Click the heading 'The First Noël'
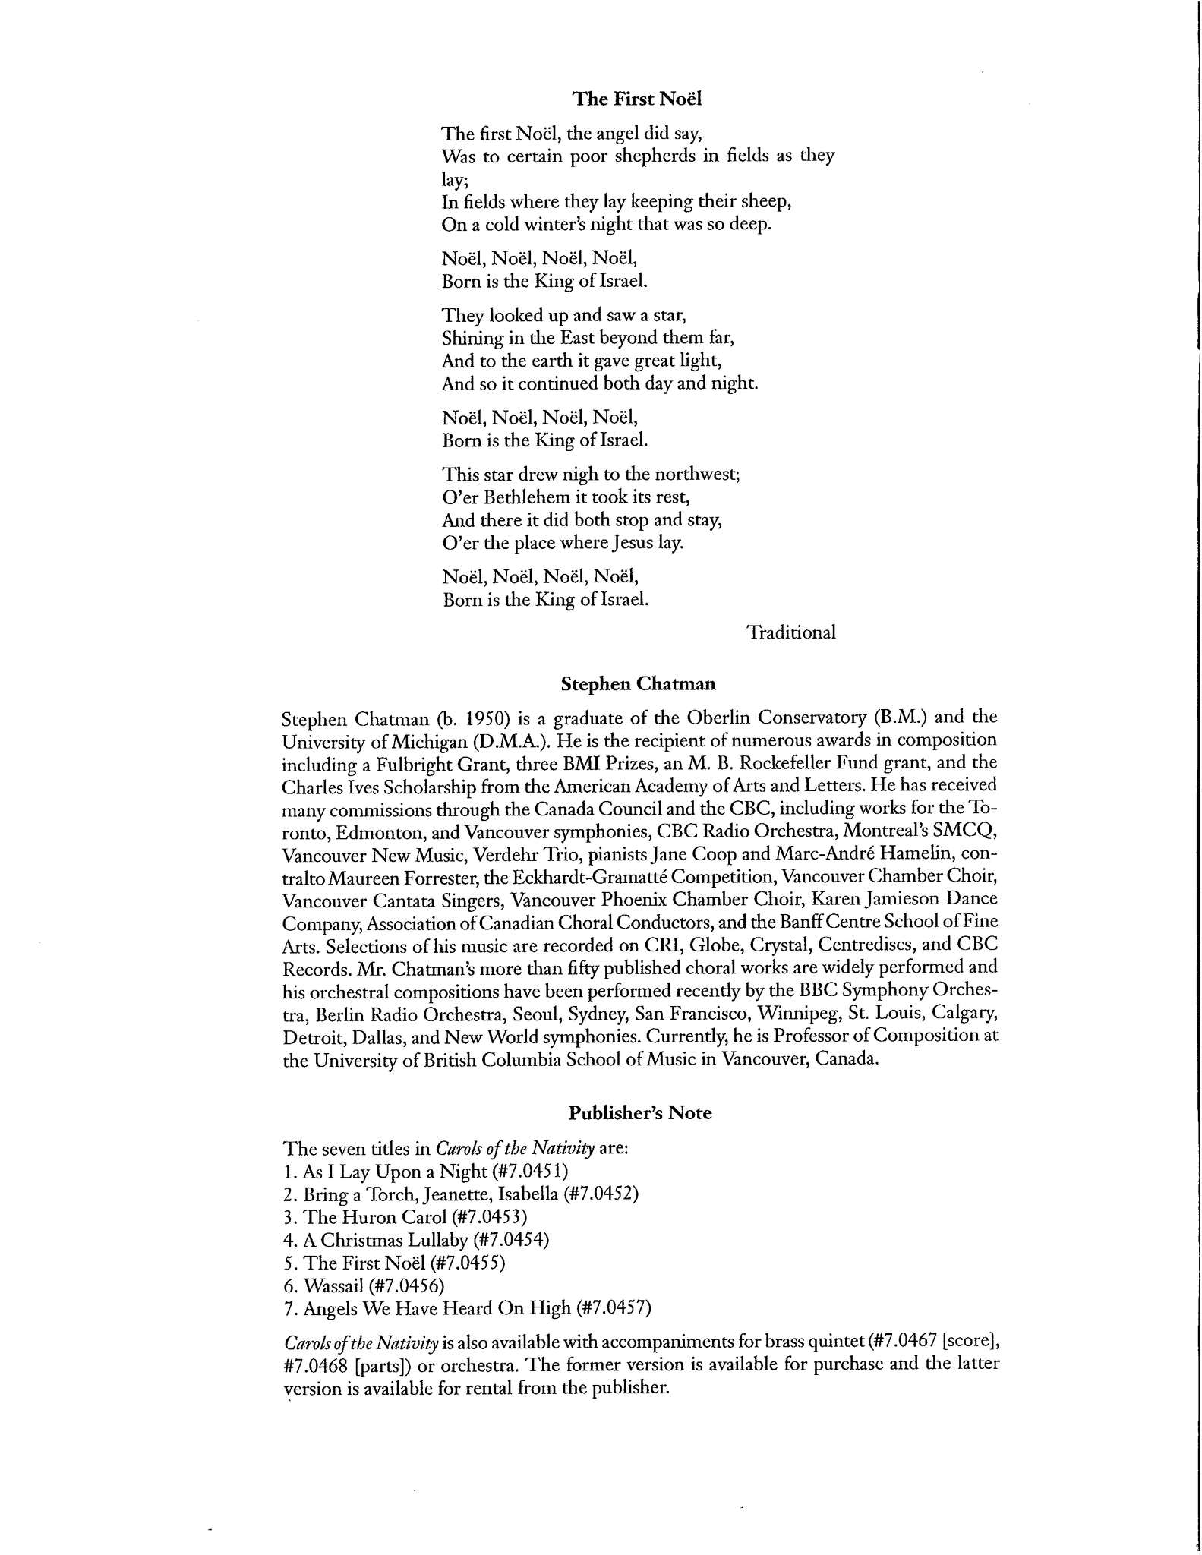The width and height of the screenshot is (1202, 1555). coord(637,99)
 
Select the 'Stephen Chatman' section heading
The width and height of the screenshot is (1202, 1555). coord(638,684)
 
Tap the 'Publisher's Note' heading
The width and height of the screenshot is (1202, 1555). coord(640,1113)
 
